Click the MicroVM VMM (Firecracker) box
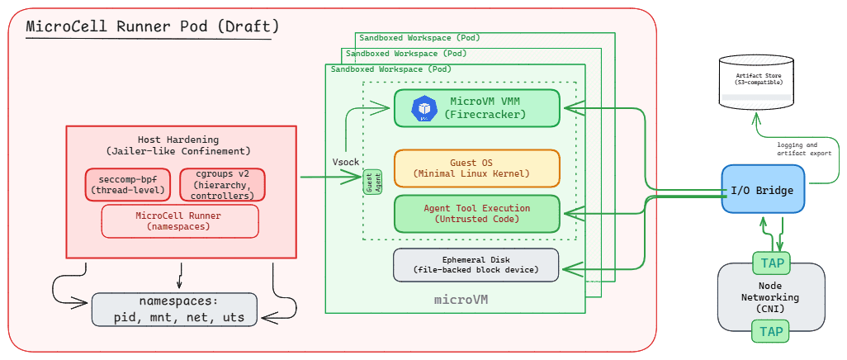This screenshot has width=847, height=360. coord(477,108)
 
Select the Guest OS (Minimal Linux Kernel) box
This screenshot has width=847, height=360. coord(477,168)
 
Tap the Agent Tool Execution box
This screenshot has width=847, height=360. coord(477,213)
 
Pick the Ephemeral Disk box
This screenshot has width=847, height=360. coord(477,264)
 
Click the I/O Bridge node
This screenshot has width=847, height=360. coord(763,191)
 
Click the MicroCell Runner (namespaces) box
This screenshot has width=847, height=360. coord(179,220)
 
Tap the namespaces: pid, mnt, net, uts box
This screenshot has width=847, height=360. coord(180,309)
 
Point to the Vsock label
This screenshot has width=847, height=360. coord(345,162)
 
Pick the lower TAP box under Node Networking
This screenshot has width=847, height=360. coord(771,332)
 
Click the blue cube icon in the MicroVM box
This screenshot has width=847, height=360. coord(424,108)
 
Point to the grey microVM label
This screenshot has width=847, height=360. coord(461,299)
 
